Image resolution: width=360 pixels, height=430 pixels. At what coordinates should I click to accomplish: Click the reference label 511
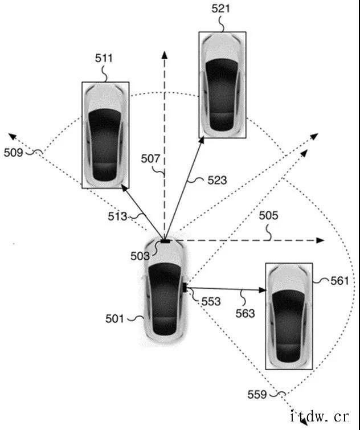pyautogui.click(x=105, y=58)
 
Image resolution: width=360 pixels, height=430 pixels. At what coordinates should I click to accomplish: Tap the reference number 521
pyautogui.click(x=221, y=9)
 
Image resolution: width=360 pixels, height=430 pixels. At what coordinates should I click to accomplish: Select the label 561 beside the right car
pyautogui.click(x=338, y=280)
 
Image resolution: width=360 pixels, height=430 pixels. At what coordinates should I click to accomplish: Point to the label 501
pyautogui.click(x=114, y=319)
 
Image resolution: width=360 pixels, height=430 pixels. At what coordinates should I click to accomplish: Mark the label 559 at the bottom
pyautogui.click(x=259, y=394)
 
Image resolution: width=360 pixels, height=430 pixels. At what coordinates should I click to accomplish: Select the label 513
pyautogui.click(x=118, y=216)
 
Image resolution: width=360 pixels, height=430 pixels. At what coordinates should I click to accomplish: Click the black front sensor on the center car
pyautogui.click(x=165, y=241)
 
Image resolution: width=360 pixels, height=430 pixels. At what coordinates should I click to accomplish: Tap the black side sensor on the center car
pyautogui.click(x=186, y=288)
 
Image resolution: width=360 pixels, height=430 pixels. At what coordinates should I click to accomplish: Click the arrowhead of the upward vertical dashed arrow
pyautogui.click(x=165, y=55)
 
